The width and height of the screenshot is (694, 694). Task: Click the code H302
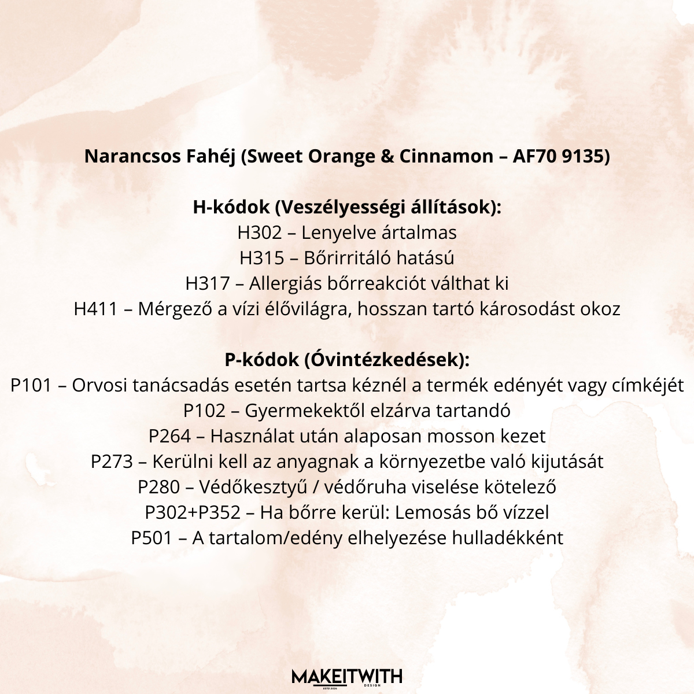(260, 232)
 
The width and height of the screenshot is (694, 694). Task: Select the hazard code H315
(261, 258)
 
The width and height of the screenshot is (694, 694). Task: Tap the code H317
(208, 283)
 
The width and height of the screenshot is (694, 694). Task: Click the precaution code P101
(31, 385)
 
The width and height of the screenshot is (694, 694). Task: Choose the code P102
(204, 411)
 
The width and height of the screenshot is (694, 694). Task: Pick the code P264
(169, 436)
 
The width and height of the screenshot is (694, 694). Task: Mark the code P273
(112, 462)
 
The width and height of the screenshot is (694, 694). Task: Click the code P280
(159, 487)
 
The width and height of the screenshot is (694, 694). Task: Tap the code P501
(152, 538)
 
